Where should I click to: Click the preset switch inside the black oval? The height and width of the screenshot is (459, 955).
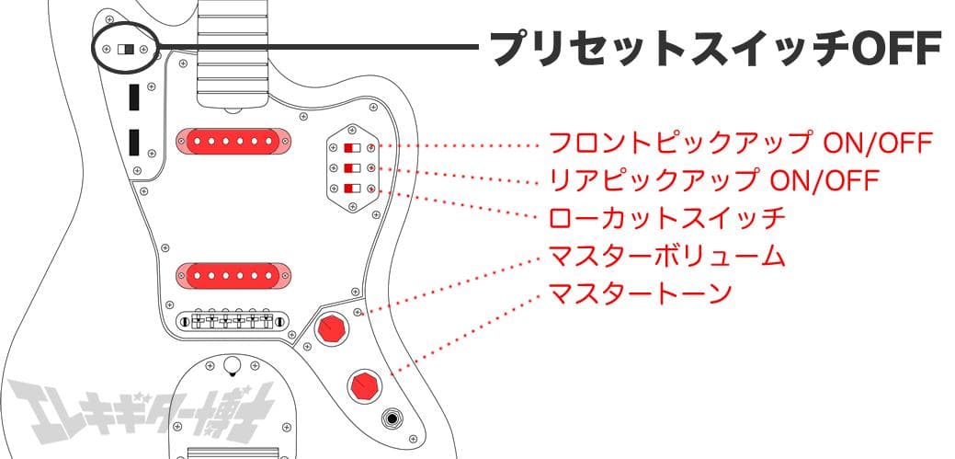tap(125, 47)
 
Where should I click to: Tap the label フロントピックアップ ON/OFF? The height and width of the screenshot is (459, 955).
tap(740, 143)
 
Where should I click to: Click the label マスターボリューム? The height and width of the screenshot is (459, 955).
tap(666, 255)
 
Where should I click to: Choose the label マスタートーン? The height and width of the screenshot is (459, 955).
tap(640, 293)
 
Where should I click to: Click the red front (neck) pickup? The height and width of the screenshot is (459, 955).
tap(233, 141)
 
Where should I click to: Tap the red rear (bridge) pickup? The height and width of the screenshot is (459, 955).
tap(233, 273)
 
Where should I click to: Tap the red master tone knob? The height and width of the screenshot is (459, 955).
tap(364, 385)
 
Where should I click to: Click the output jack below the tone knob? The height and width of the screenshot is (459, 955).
tap(392, 421)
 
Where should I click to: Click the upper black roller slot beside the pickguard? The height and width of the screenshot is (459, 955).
tap(134, 97)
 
